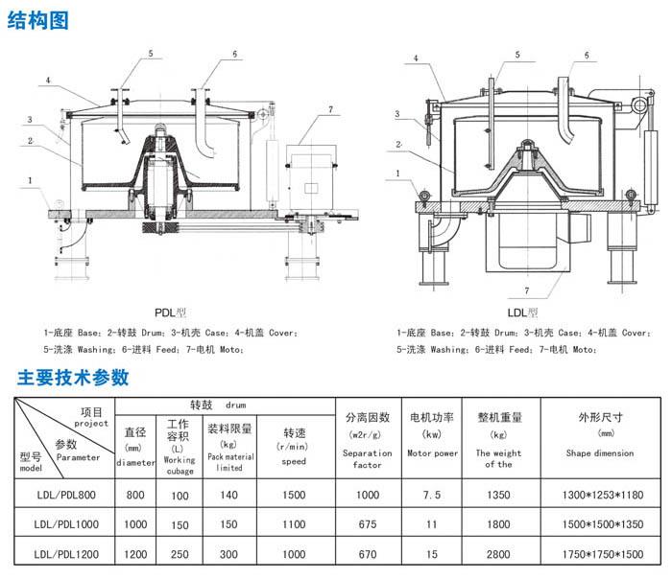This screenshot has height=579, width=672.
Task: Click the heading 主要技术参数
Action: (x=65, y=376)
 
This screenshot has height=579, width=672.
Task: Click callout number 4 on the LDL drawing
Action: (x=417, y=58)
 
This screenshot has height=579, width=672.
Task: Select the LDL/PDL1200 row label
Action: (x=63, y=553)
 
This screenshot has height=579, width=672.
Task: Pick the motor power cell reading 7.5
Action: (x=432, y=496)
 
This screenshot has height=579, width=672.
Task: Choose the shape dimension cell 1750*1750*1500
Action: (x=601, y=553)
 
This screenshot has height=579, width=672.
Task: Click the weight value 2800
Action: (x=499, y=553)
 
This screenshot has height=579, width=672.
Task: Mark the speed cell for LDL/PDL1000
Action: (x=294, y=524)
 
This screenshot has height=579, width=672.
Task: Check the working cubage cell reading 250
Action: (x=180, y=553)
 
